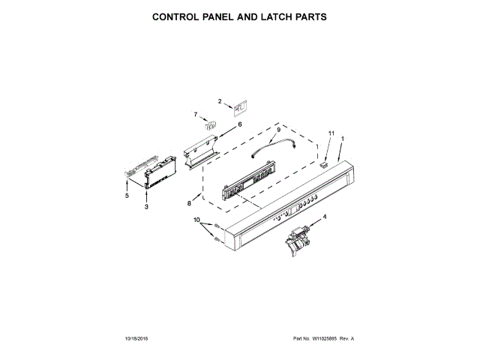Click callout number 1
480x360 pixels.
coord(343,139)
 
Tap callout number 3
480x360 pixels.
coord(146,205)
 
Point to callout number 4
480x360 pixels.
coord(325,217)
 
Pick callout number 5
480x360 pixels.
coord(127,196)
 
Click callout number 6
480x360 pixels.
coord(240,124)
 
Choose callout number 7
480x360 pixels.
coord(196,115)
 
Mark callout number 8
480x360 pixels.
coord(190,203)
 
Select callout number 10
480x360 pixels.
coord(197,220)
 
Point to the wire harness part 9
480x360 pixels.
coord(274,147)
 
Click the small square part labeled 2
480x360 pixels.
coord(239,109)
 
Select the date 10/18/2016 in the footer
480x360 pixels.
coord(139,339)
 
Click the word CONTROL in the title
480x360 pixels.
coord(176,16)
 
